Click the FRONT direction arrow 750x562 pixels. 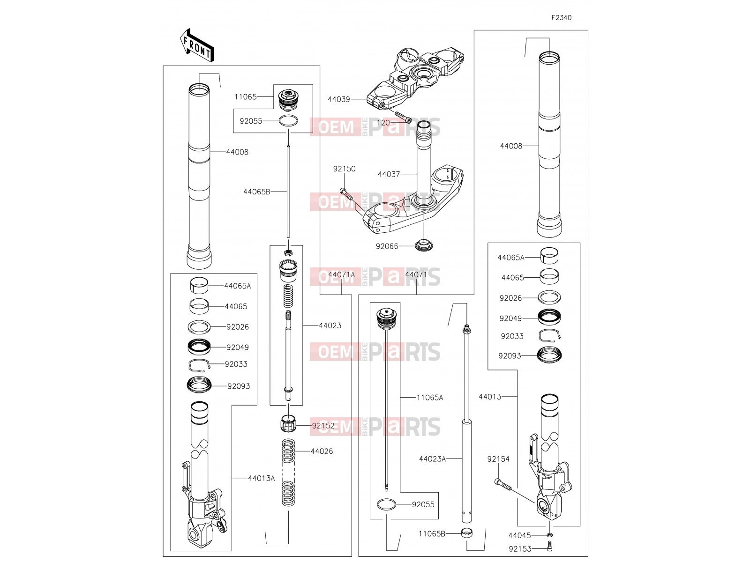[196, 45]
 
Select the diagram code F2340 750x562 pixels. [562, 18]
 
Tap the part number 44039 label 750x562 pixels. [338, 99]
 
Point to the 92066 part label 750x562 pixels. [387, 246]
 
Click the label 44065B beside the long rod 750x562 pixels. [256, 192]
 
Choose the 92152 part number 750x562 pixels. [323, 426]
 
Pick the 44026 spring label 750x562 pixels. [322, 451]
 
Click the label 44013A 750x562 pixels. [261, 478]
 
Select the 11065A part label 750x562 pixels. [429, 398]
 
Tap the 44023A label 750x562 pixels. [432, 459]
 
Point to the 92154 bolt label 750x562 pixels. [498, 459]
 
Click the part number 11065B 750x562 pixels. [432, 534]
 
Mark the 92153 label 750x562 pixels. [520, 549]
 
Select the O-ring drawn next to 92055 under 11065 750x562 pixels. [288, 121]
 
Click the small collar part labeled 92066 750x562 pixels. [424, 246]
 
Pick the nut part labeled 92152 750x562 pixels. [288, 423]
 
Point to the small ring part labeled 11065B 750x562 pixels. [467, 532]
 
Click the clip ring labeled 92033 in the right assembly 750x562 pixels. [549, 336]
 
